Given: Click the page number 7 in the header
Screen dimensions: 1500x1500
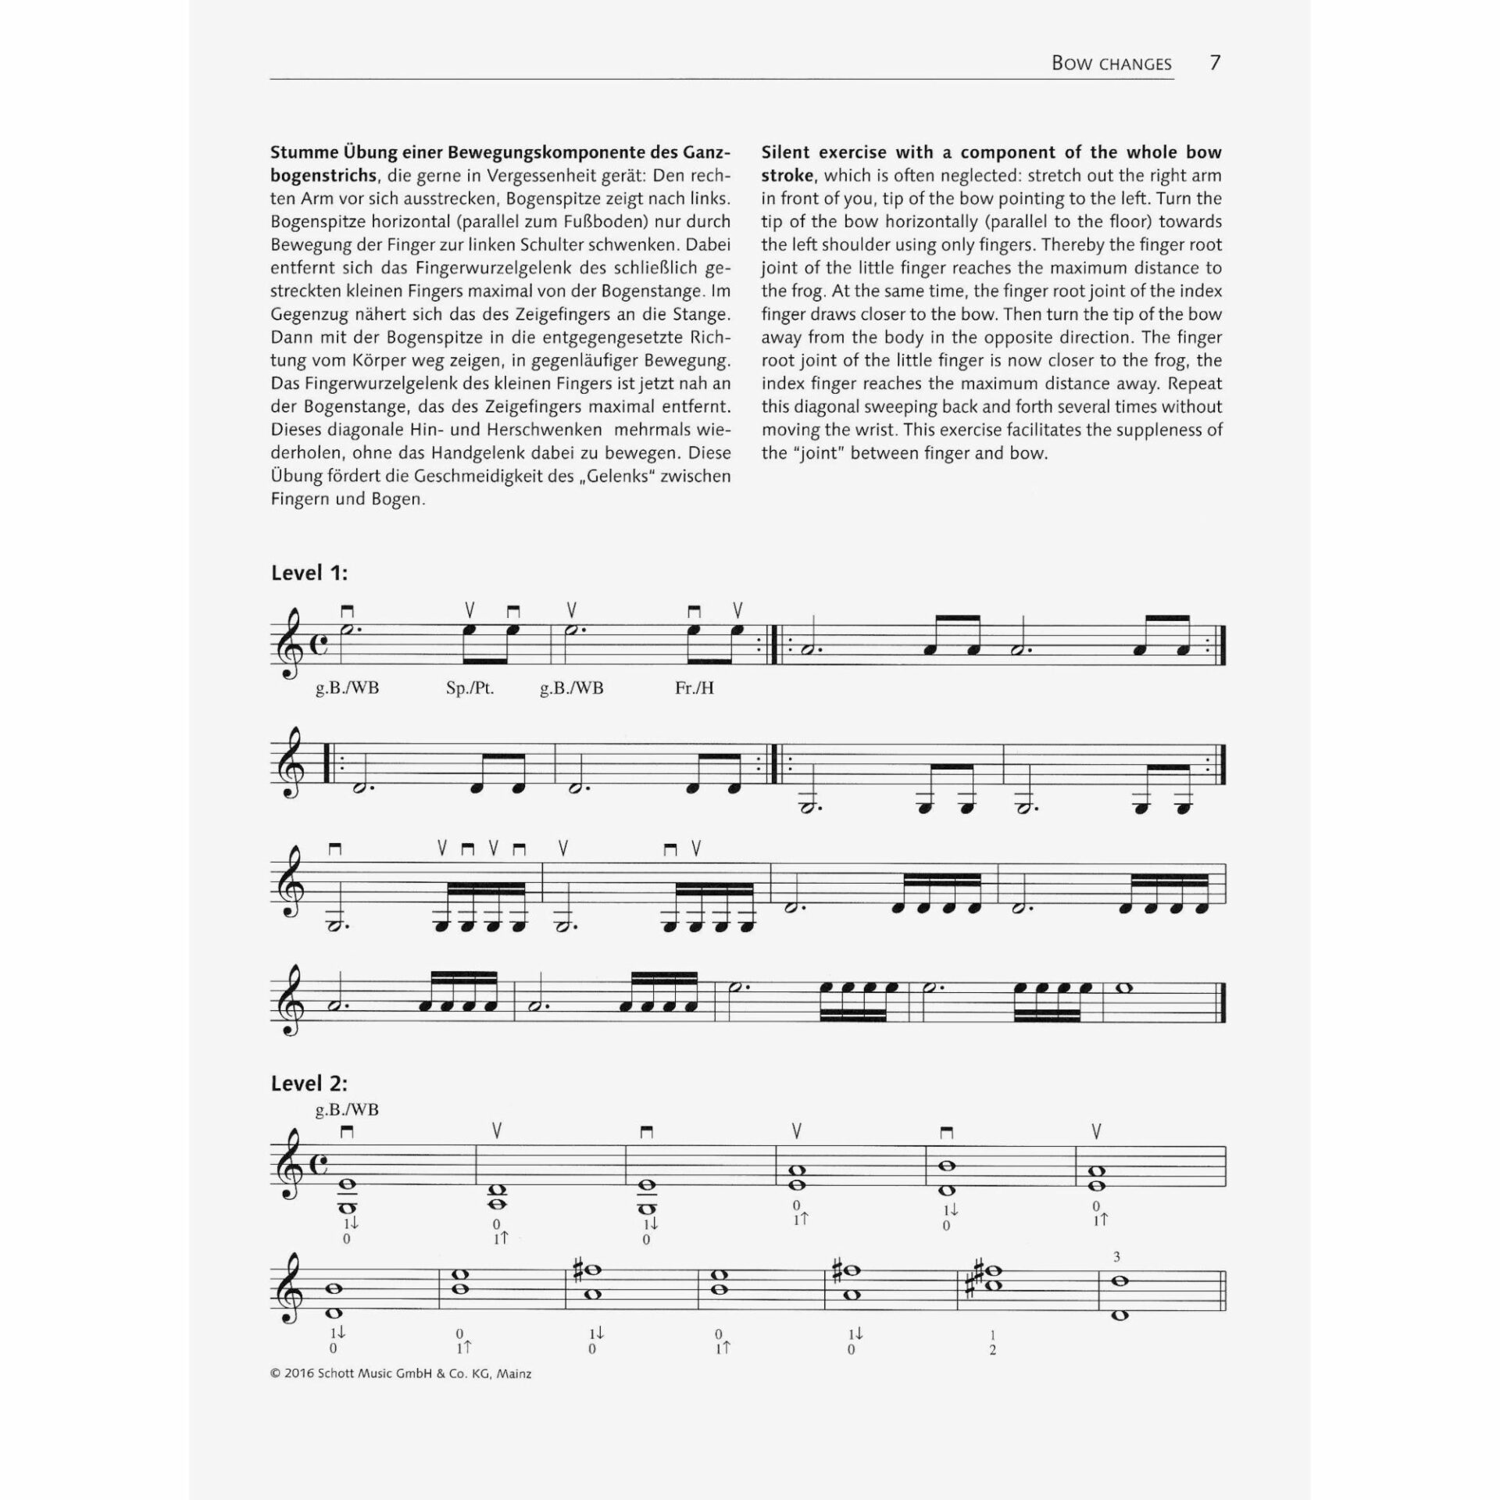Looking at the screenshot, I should [x=1215, y=63].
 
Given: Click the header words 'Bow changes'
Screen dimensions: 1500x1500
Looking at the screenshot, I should [x=1111, y=64].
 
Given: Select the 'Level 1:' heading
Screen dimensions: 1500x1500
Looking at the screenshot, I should [x=309, y=573].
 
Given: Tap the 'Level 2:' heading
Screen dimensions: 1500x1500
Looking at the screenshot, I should [x=309, y=1084].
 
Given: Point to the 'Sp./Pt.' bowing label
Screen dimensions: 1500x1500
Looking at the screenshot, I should [x=470, y=688].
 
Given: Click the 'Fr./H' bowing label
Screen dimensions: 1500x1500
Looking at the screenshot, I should [x=694, y=688].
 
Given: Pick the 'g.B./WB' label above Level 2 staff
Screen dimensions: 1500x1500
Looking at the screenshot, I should [x=347, y=1110].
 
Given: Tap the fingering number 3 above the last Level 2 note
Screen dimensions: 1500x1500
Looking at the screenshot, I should [x=1117, y=1257].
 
